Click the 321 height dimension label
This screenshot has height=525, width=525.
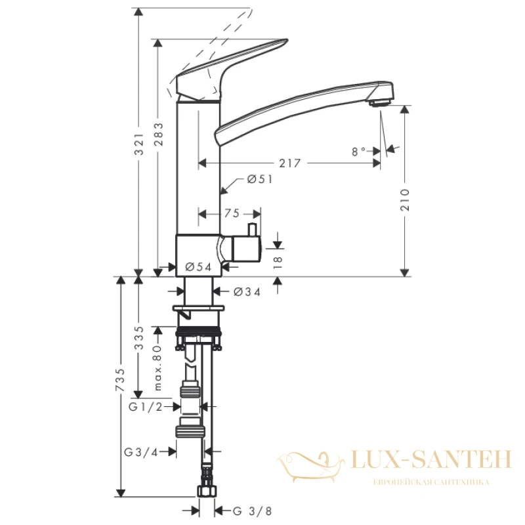138,144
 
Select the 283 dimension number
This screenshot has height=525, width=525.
159,135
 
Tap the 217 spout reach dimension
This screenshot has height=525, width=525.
290,163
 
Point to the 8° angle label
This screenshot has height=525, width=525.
358,152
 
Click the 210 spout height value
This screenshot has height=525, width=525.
405,200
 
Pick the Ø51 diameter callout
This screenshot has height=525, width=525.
260,179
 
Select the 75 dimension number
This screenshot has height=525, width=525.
232,213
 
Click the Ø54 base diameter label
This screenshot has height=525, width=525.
198,267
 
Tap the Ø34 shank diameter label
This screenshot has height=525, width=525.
247,292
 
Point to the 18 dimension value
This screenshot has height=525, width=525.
278,262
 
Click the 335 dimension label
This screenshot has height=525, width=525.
138,338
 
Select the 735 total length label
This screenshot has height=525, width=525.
120,380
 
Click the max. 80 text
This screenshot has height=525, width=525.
157,368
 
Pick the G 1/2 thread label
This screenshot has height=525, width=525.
146,407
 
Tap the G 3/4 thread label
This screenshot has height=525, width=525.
141,452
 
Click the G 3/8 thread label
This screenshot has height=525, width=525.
253,511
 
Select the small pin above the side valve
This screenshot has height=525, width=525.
252,230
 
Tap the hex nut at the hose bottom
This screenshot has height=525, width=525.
207,491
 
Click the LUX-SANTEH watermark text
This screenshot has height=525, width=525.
431,459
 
